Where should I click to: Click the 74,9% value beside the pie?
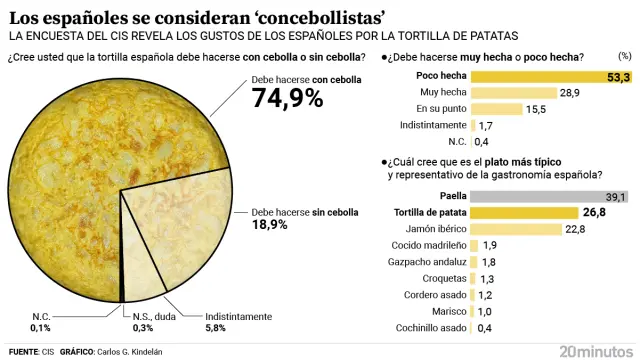(x=287, y=98)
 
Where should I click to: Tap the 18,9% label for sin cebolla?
(x=269, y=225)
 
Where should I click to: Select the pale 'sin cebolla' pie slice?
(x=185, y=230)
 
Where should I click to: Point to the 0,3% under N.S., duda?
(x=144, y=327)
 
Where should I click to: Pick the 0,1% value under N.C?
(x=40, y=327)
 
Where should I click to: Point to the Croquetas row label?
(x=443, y=278)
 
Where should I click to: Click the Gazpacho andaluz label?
(x=427, y=261)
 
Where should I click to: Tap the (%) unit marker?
(x=624, y=57)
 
